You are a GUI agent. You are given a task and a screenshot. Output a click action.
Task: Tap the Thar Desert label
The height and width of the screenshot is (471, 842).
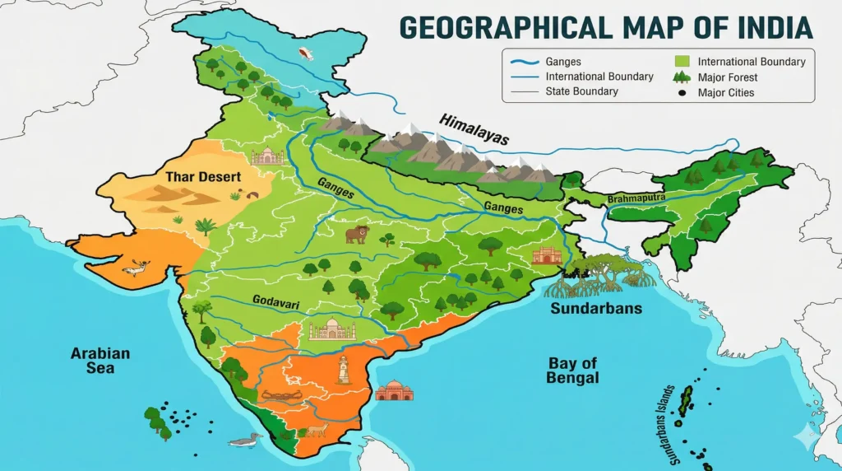(203, 176)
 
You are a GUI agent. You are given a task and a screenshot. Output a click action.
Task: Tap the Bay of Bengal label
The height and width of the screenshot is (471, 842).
(573, 371)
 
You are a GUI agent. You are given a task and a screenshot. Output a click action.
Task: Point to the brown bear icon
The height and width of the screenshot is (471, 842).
(356, 235)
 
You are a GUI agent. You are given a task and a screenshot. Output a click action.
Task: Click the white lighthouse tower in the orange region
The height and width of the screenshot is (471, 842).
(343, 369)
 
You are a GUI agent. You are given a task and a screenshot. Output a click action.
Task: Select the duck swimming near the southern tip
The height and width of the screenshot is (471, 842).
(243, 441)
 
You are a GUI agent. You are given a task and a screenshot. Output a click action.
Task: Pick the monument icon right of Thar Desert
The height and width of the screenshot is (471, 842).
(267, 156)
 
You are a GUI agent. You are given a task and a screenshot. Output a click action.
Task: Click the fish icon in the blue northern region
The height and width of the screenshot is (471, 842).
(308, 54)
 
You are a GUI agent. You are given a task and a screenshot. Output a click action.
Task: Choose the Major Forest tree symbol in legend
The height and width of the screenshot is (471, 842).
(681, 77)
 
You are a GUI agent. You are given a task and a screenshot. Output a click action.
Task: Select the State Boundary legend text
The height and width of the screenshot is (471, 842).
(581, 91)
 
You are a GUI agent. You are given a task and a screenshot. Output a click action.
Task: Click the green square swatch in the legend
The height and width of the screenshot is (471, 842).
(681, 62)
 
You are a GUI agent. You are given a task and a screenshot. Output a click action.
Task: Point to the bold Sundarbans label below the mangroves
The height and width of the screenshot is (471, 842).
(597, 310)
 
